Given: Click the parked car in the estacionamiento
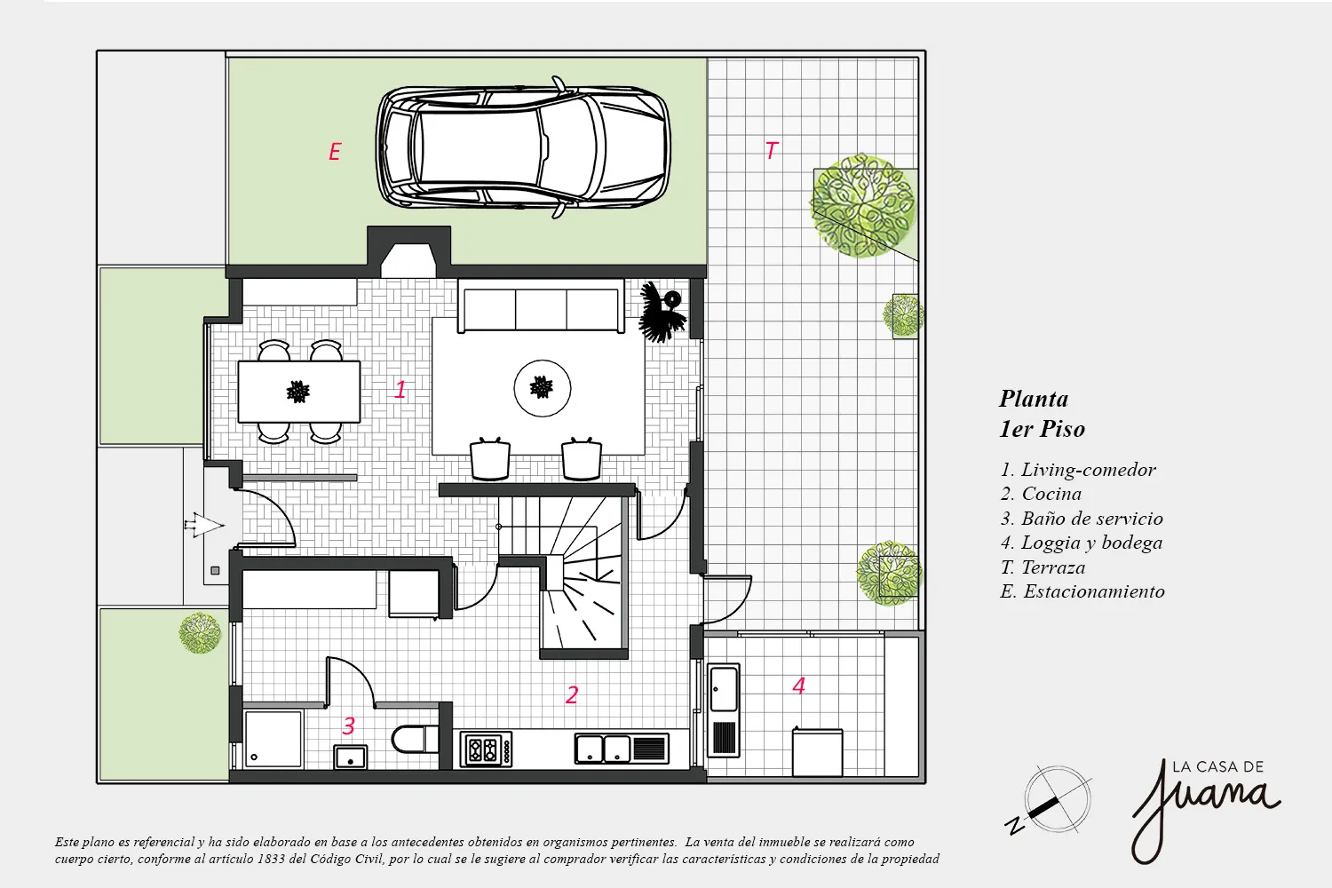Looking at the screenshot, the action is point(523,147).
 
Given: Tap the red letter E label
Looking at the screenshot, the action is point(335,152).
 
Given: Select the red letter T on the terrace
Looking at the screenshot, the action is point(772,150).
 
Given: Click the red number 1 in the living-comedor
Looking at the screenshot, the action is point(400,390).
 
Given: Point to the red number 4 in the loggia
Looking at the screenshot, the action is point(798,686).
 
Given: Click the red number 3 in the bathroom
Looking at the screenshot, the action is point(348,725).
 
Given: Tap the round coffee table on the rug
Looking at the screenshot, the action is point(543,388).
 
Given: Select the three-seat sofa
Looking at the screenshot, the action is point(541,310).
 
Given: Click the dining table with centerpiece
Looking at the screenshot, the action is point(299,392).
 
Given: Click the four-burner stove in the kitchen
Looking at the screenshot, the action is point(486,749).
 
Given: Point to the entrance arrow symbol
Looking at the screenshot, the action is point(204,525).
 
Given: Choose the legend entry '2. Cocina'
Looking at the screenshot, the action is point(1041,494).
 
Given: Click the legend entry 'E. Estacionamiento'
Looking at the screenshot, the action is point(1082,591).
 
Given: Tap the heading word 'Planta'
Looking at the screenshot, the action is point(1034,399).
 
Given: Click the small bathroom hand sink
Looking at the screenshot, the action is point(350,757).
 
